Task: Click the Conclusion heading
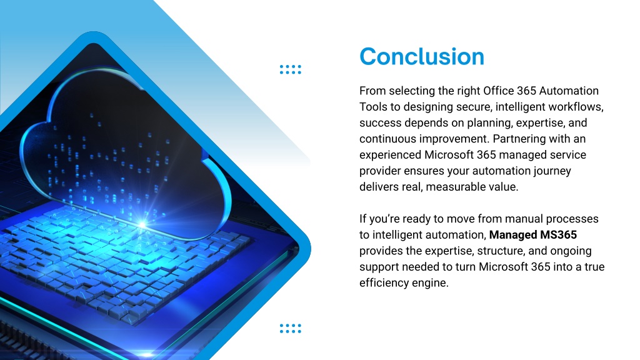coord(422,56)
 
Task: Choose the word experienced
coord(390,155)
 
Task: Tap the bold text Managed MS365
coord(533,235)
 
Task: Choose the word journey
coord(552,171)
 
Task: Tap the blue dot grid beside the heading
coord(291,69)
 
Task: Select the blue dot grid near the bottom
coord(291,328)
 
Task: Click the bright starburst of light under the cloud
coord(142,224)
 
